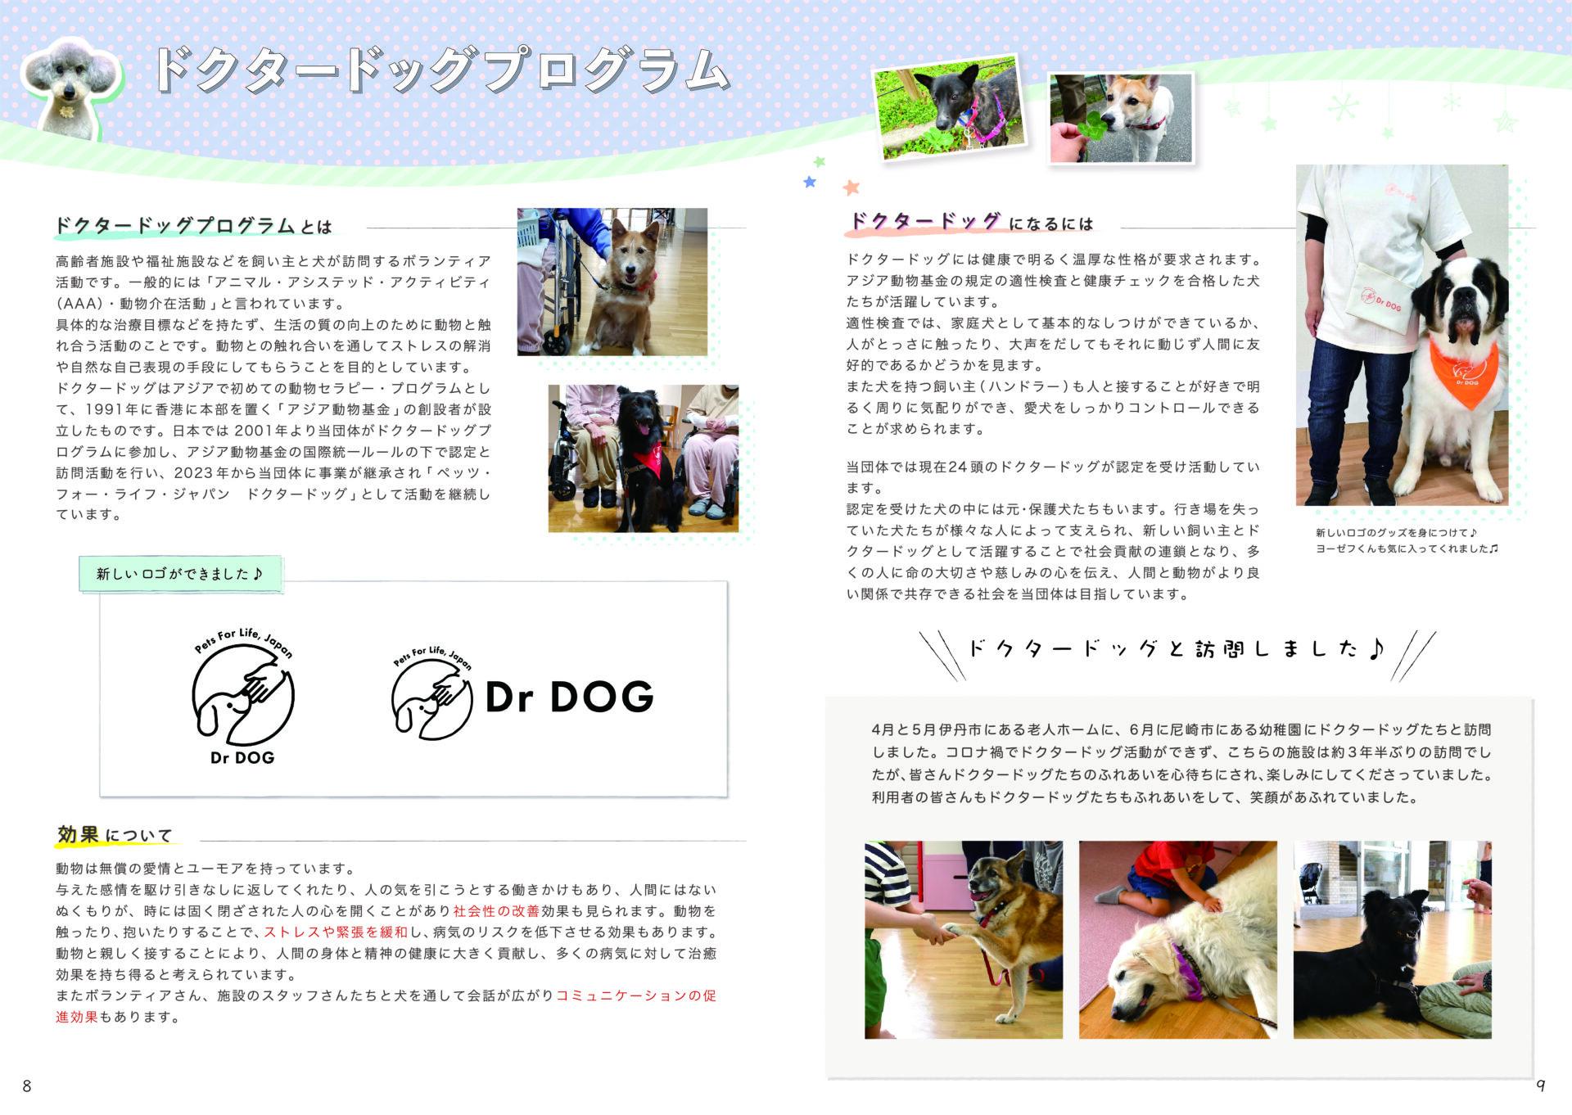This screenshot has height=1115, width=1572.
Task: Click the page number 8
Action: pos(27,1086)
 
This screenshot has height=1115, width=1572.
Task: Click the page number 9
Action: pos(1541,1086)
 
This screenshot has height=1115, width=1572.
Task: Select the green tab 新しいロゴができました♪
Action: pos(180,574)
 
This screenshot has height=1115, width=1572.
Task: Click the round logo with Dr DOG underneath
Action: pos(243,696)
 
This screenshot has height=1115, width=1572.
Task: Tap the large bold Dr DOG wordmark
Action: pos(570,697)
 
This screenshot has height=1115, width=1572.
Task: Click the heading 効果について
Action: pos(115,835)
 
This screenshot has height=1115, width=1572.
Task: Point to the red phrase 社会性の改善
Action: pos(496,911)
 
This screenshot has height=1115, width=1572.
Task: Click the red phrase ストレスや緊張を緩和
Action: pos(336,932)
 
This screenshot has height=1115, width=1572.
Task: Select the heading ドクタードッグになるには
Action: pos(971,222)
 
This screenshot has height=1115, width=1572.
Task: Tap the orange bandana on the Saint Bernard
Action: pos(1465,371)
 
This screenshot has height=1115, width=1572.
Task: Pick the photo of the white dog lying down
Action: pos(1178,940)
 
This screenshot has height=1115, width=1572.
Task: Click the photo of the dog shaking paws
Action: pos(964,940)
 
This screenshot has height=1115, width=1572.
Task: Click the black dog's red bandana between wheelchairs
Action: pos(648,460)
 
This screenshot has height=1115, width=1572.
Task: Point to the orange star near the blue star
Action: pos(851,187)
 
